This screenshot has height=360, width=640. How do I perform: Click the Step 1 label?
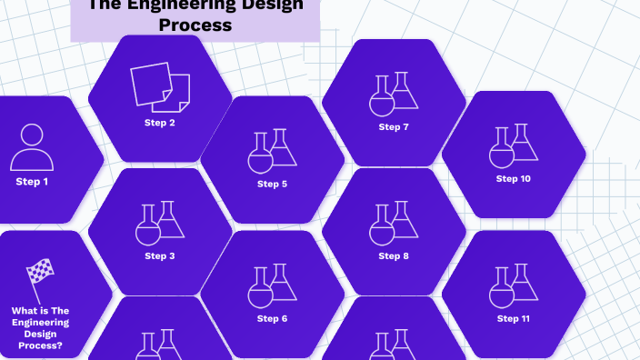(x=32, y=182)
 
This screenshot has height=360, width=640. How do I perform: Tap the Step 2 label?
(x=160, y=123)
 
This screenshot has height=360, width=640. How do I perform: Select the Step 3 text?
(x=160, y=256)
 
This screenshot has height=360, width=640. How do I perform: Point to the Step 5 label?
(x=272, y=185)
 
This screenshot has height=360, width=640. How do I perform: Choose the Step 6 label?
(x=272, y=319)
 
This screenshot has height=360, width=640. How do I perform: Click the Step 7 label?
(x=394, y=127)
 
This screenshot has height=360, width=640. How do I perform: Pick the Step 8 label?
(x=394, y=256)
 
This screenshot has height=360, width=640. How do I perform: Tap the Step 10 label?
(x=514, y=179)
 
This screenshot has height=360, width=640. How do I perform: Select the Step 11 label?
(x=514, y=319)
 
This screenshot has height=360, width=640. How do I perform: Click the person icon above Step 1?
(x=32, y=147)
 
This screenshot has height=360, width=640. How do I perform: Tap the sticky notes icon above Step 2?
(x=160, y=86)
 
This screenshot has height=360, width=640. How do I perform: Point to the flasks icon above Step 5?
(x=272, y=150)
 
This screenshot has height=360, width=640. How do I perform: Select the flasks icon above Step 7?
(x=394, y=94)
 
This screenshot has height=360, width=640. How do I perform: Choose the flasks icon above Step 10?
(x=514, y=145)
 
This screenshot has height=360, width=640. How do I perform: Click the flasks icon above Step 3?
(x=160, y=223)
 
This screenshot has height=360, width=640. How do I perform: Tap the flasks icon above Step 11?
(x=514, y=285)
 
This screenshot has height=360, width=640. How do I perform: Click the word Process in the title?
(x=195, y=25)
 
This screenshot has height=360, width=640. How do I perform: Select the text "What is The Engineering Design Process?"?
(x=40, y=327)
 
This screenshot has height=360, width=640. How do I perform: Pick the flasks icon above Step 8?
(x=394, y=223)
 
